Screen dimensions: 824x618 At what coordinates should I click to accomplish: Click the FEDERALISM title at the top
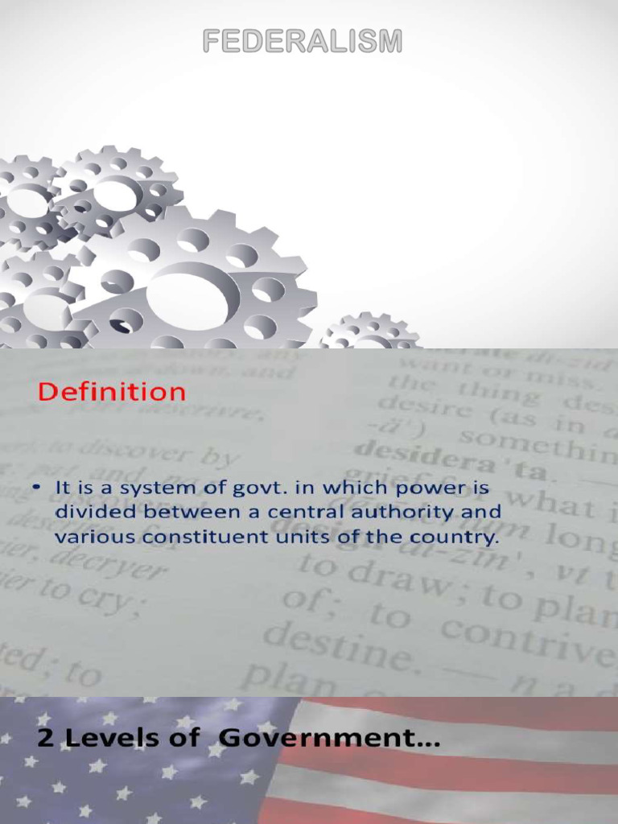pos(302,42)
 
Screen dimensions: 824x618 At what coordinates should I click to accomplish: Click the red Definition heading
pos(112,393)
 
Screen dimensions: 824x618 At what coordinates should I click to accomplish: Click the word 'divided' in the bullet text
pos(90,512)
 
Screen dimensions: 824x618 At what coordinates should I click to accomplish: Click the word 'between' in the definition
pos(192,512)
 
